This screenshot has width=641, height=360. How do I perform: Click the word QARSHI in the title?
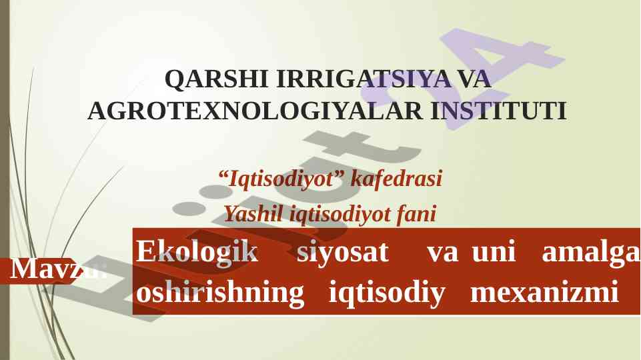(216, 79)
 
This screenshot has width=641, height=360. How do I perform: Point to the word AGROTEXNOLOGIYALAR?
(255, 111)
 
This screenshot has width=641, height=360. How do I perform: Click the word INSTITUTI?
(499, 111)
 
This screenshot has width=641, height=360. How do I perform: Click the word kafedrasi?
(396, 178)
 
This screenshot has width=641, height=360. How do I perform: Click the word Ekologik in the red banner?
(197, 251)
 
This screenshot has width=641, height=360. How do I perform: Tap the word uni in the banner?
(494, 251)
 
